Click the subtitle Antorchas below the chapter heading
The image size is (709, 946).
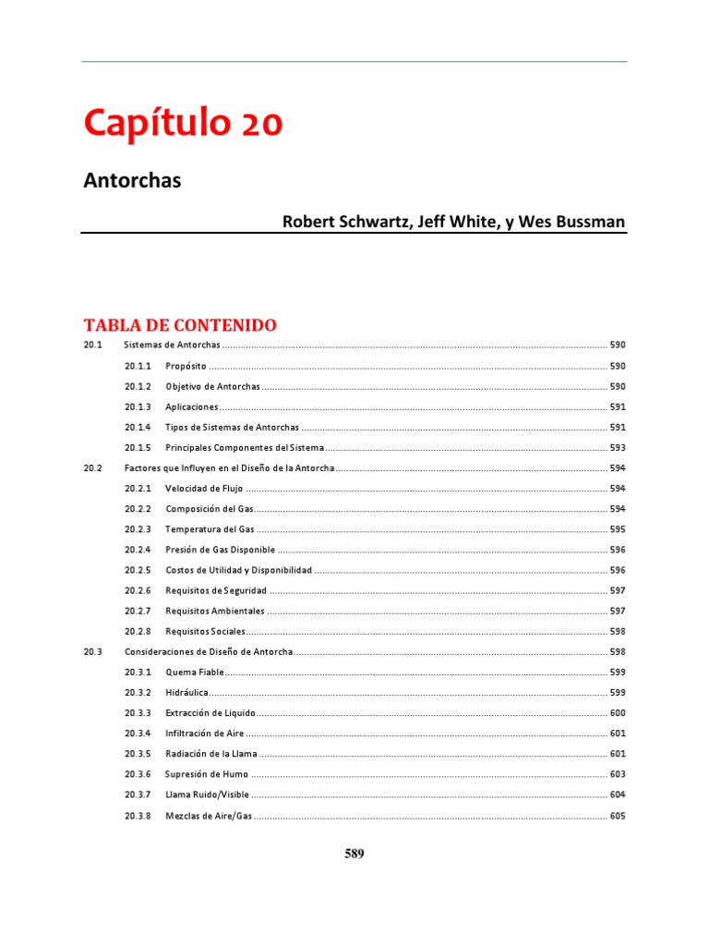pos(132,180)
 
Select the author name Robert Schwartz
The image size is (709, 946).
pos(342,222)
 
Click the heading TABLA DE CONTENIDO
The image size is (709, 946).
pos(180,325)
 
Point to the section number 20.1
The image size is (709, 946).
pos(90,345)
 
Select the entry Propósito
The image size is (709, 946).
pos(186,366)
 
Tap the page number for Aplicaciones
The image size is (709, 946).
pos(618,406)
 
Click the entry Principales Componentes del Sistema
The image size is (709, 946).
pos(245,447)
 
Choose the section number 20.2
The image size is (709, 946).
pos(90,468)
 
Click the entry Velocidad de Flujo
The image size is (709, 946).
pos(204,489)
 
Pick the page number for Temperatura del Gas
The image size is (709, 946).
pos(618,529)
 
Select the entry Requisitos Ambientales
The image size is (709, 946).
pos(215,611)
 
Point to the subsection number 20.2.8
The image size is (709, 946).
pos(138,631)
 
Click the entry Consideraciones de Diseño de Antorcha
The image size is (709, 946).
pos(209,652)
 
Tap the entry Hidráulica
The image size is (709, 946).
pos(187,692)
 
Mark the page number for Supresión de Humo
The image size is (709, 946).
pos(618,774)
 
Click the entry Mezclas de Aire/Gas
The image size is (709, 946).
pos(208,816)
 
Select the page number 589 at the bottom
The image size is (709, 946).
pos(354,854)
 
